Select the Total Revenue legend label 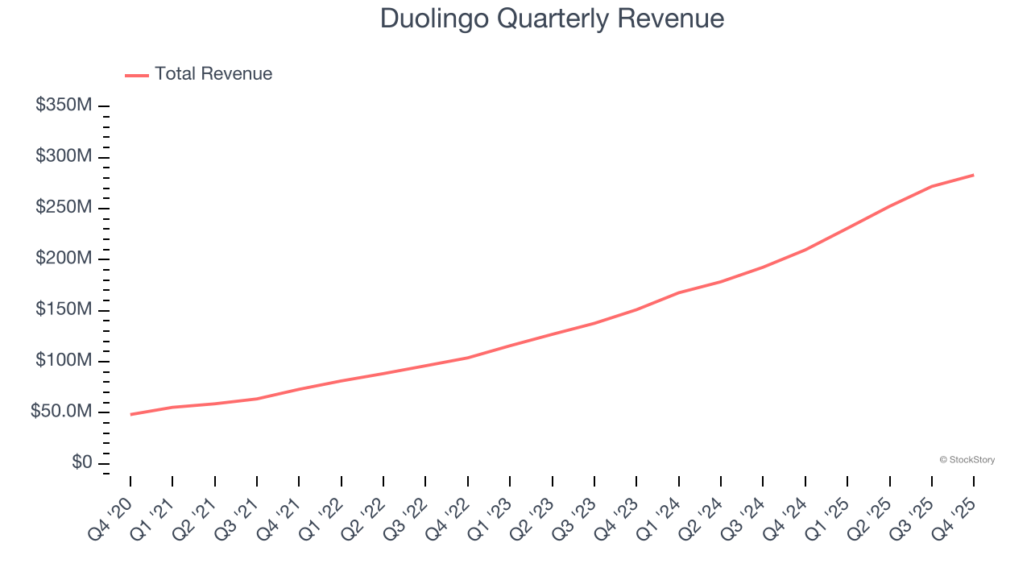tap(213, 74)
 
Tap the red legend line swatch tap(137, 75)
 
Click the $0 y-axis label tap(81, 463)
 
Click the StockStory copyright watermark tap(967, 460)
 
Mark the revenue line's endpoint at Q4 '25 tap(974, 175)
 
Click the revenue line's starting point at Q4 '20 tap(130, 414)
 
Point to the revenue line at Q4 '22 tap(468, 358)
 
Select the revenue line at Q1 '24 tap(679, 292)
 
